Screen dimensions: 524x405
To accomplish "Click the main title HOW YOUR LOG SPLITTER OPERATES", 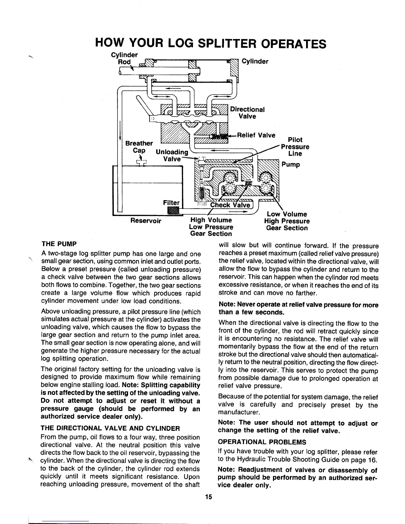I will click(x=210, y=43).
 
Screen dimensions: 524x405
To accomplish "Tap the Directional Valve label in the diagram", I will click(x=247, y=113).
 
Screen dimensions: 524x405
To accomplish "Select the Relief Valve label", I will click(x=256, y=135).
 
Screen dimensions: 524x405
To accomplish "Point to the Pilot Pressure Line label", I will click(x=295, y=147).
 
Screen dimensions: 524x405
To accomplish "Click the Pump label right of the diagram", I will click(x=291, y=165).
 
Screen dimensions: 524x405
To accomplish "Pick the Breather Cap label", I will click(x=139, y=147).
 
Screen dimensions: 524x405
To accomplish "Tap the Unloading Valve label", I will click(x=172, y=155).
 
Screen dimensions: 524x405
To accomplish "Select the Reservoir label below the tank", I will click(x=146, y=221).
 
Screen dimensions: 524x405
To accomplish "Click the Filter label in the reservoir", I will click(x=171, y=202).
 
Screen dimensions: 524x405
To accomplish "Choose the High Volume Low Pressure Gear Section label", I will click(x=211, y=227).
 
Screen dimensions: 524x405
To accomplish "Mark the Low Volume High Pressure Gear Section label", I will click(x=287, y=221).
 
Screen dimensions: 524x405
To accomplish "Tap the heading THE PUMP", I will click(x=59, y=244).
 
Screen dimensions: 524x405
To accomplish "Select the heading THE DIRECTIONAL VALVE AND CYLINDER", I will click(x=110, y=428).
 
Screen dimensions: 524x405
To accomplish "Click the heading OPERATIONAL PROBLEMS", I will click(x=262, y=442).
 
